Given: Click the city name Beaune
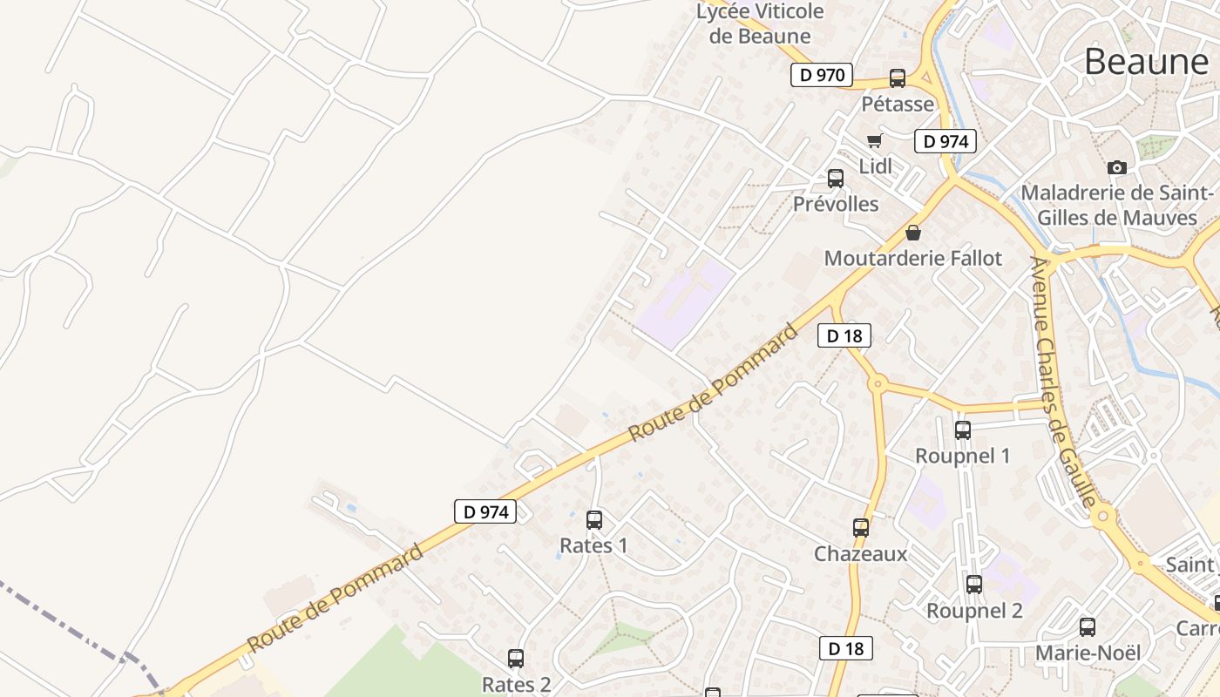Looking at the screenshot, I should pyautogui.click(x=1146, y=61).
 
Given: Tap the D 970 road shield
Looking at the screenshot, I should pyautogui.click(x=821, y=75).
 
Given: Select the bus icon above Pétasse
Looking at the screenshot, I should pyautogui.click(x=898, y=78).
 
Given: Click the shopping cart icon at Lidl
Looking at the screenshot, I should pyautogui.click(x=874, y=140).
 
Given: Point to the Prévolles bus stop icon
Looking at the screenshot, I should pyautogui.click(x=836, y=179).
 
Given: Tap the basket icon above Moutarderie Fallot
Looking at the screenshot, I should pyautogui.click(x=913, y=233).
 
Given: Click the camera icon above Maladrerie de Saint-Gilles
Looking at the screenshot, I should pyautogui.click(x=1116, y=167).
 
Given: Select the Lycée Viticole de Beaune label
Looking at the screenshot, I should pyautogui.click(x=760, y=24).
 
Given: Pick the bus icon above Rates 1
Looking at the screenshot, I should pyautogui.click(x=594, y=520).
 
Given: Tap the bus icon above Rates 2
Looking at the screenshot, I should pyautogui.click(x=516, y=659).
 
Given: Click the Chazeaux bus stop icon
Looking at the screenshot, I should pyautogui.click(x=861, y=528).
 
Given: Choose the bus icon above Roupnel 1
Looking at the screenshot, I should pyautogui.click(x=963, y=430).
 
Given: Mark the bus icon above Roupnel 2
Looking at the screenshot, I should pyautogui.click(x=974, y=585).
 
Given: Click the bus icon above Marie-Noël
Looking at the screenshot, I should pyautogui.click(x=1088, y=627).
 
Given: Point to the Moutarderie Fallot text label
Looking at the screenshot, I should pyautogui.click(x=913, y=258).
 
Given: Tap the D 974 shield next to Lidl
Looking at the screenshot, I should pyautogui.click(x=945, y=141).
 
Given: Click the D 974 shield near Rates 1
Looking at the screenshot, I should pyautogui.click(x=485, y=511).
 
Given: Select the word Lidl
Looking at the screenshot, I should pyautogui.click(x=876, y=166).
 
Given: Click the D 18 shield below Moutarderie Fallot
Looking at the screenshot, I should pyautogui.click(x=844, y=335).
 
